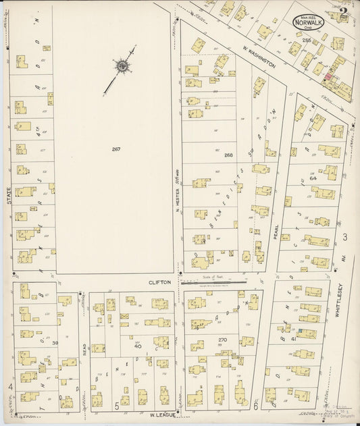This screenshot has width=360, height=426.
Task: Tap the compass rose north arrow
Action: tap(122, 66)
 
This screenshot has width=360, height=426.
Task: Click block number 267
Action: tap(116, 149)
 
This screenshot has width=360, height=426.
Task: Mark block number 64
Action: tap(313, 178)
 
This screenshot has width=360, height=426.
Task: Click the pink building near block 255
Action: tap(329, 78)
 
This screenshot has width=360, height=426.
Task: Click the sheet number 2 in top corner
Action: tap(344, 11)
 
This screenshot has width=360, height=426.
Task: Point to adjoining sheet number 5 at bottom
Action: tap(117, 405)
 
